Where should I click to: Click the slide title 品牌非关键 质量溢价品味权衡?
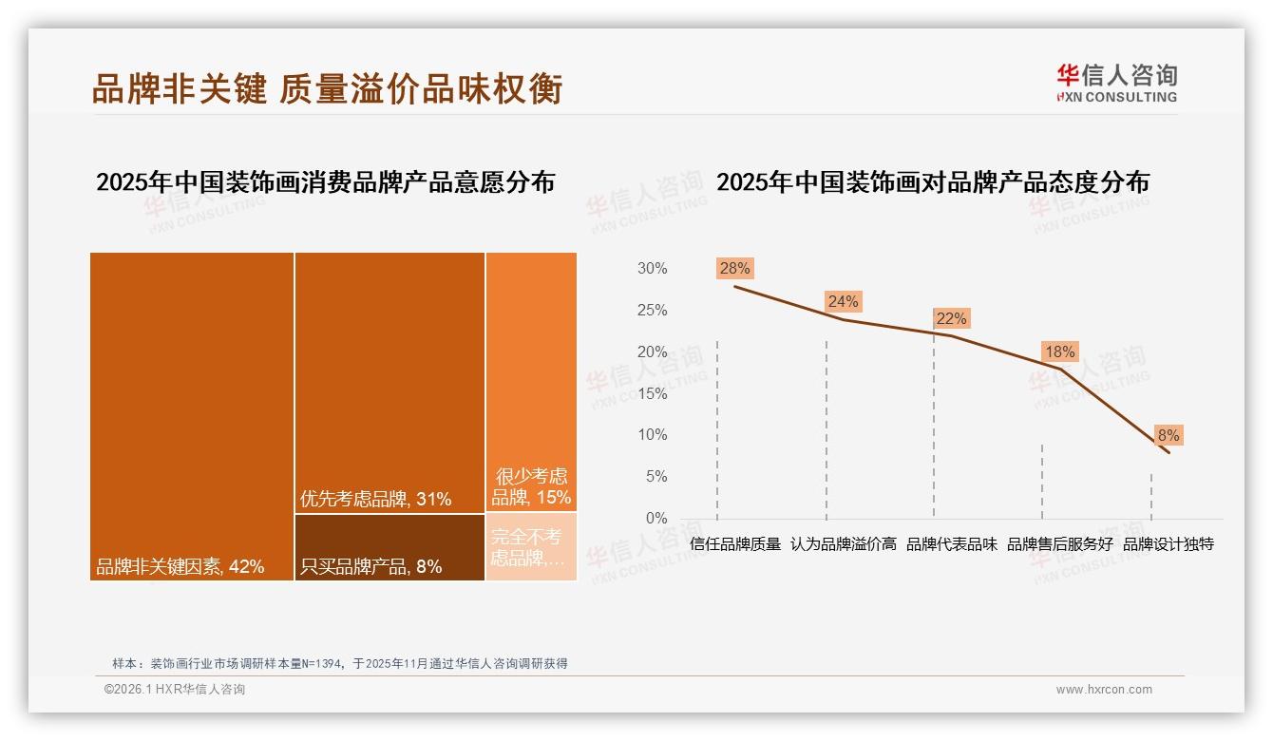coord(327,88)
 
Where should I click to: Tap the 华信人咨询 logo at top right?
coord(1116,83)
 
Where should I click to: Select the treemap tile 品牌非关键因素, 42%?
coord(192,416)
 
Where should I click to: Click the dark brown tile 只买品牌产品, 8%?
coord(389,547)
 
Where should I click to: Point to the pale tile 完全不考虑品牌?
coord(531,547)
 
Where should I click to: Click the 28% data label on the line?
coord(735,268)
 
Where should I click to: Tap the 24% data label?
coord(843,301)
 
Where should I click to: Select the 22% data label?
coord(951,318)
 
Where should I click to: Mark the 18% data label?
coord(1059,351)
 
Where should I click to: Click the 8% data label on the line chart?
coord(1168,435)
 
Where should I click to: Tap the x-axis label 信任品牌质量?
coord(735,544)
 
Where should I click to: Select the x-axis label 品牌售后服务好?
coord(1059,544)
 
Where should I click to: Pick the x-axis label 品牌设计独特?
coord(1168,544)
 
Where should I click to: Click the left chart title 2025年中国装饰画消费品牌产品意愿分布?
coord(325,181)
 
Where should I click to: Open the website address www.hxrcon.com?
coord(1104,690)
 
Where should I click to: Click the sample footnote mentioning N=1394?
coord(339,663)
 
